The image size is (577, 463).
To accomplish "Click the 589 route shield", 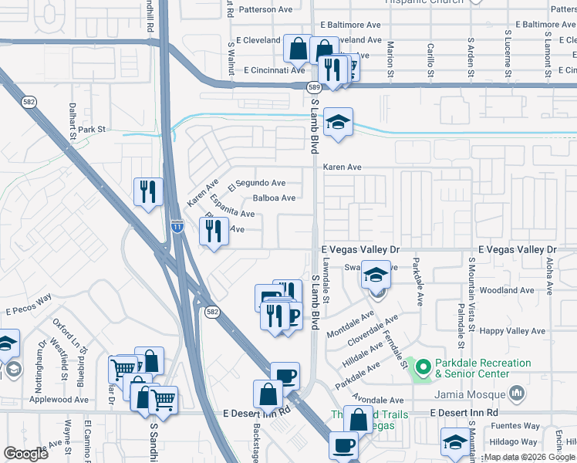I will [x=315, y=88].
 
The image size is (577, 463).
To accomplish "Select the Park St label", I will [x=91, y=130].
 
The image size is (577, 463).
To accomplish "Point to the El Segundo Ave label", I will [x=257, y=184].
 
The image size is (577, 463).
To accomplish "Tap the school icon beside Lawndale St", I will [x=376, y=275].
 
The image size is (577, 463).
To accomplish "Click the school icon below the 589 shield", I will [x=337, y=122].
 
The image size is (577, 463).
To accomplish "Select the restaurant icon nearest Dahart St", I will [x=147, y=191].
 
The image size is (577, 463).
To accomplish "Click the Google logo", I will [x=25, y=454].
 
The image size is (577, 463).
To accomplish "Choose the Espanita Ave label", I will [x=231, y=211].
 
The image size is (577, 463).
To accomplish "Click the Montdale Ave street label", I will [x=349, y=323].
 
